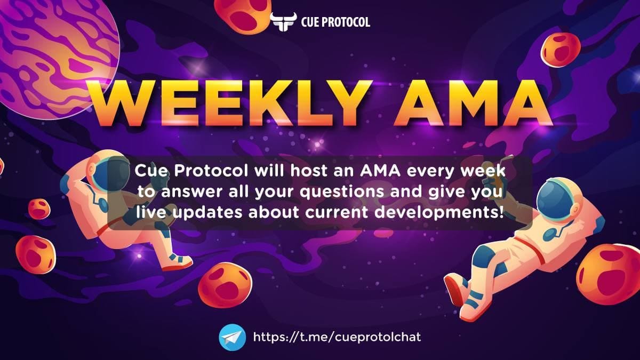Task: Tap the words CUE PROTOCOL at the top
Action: pyautogui.click(x=335, y=22)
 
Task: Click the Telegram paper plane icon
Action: pyautogui.click(x=233, y=337)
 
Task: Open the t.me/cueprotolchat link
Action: pyautogui.click(x=337, y=337)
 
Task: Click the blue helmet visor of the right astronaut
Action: pyautogui.click(x=554, y=201)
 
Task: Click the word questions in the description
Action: pyautogui.click(x=342, y=192)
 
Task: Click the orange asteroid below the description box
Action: pyautogui.click(x=225, y=285)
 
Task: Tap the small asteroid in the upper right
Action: pyautogui.click(x=561, y=50)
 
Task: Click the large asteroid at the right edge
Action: pyautogui.click(x=609, y=274)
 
